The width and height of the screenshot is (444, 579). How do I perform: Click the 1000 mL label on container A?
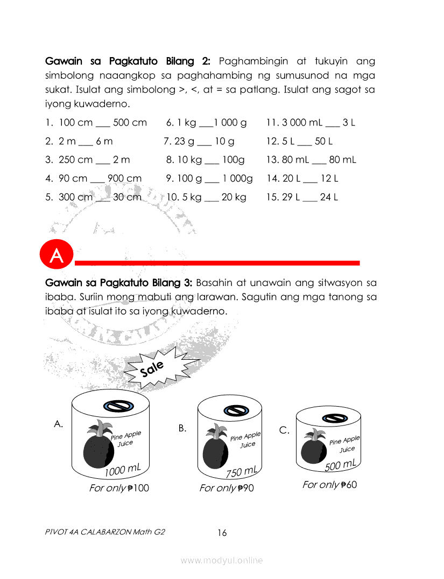tap(123, 470)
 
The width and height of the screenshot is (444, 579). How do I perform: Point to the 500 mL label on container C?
tap(340, 465)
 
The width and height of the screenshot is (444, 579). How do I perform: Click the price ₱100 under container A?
tap(139, 488)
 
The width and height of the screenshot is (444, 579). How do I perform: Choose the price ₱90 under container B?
tap(244, 488)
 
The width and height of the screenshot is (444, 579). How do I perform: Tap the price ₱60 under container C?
tap(349, 485)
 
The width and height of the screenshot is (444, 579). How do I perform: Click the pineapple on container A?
tap(97, 447)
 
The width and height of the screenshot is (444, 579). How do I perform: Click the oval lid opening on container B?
tap(234, 410)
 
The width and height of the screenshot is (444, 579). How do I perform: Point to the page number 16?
tap(222, 533)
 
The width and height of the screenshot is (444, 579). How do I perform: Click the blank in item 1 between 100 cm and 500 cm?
tap(103, 123)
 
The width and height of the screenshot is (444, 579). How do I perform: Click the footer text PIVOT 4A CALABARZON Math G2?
tap(105, 532)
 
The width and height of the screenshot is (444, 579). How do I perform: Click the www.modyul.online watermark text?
tap(222, 560)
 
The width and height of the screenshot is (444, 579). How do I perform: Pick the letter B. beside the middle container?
tap(182, 428)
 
